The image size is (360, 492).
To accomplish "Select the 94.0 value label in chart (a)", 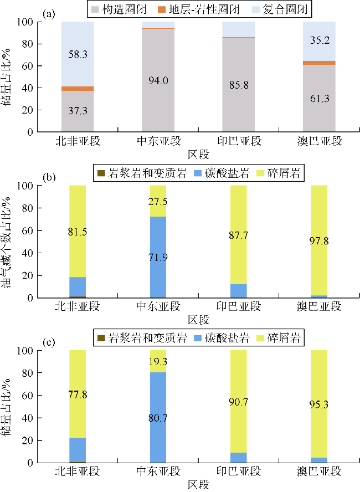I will tap(158, 81).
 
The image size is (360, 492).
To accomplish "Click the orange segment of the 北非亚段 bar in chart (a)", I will tap(78, 89).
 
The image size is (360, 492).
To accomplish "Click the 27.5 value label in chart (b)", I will tap(158, 201).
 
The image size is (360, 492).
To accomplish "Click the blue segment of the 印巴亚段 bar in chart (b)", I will tap(238, 291).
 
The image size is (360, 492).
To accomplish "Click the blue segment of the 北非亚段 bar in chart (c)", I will tap(78, 449).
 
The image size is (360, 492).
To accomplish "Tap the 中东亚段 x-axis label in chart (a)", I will tap(158, 141).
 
